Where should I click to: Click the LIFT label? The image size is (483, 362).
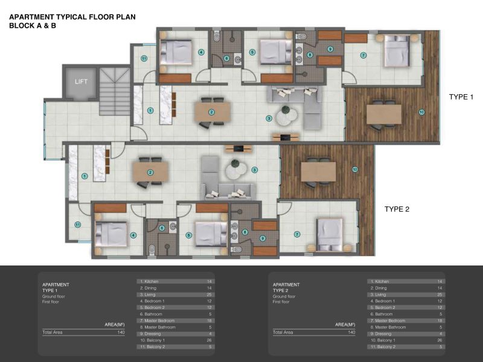(x=81, y=81)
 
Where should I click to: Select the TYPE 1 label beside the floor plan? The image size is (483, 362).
(x=462, y=97)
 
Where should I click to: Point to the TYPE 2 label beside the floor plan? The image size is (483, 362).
(x=397, y=209)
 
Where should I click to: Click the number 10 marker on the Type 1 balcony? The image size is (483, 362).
(x=421, y=111)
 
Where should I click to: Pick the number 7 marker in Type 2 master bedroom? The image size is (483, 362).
(x=297, y=234)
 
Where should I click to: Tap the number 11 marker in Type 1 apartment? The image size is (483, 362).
(x=144, y=59)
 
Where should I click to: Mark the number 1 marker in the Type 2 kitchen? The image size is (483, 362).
(x=85, y=176)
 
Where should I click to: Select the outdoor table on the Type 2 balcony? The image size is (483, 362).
(x=318, y=171)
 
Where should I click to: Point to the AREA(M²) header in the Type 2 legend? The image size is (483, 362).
(x=345, y=325)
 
